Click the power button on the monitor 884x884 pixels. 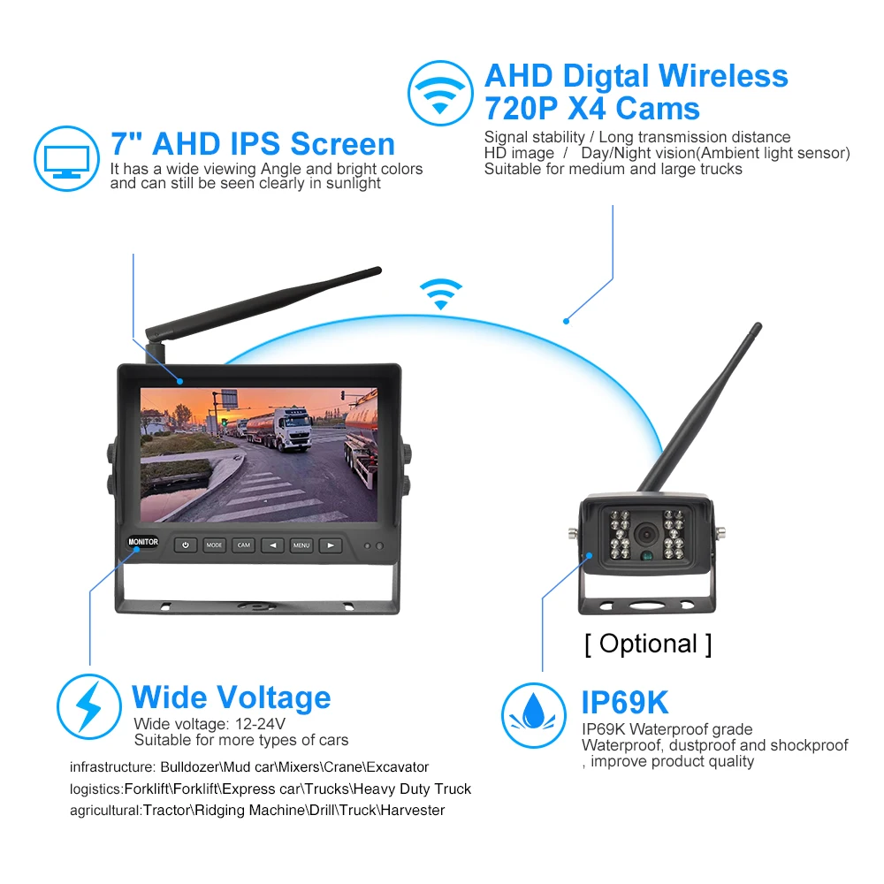[185, 545]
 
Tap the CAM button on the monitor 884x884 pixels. [243, 545]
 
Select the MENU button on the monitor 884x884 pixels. [301, 545]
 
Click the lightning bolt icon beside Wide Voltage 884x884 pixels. [89, 706]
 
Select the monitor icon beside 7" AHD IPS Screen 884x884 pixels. [66, 160]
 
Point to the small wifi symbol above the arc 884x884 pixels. [441, 293]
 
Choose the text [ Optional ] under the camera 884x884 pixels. [648, 644]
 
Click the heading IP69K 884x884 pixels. [624, 703]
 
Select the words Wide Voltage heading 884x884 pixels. [231, 697]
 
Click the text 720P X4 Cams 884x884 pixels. [591, 109]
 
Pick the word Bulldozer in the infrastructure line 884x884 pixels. [192, 766]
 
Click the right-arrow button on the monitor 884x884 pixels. [330, 545]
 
